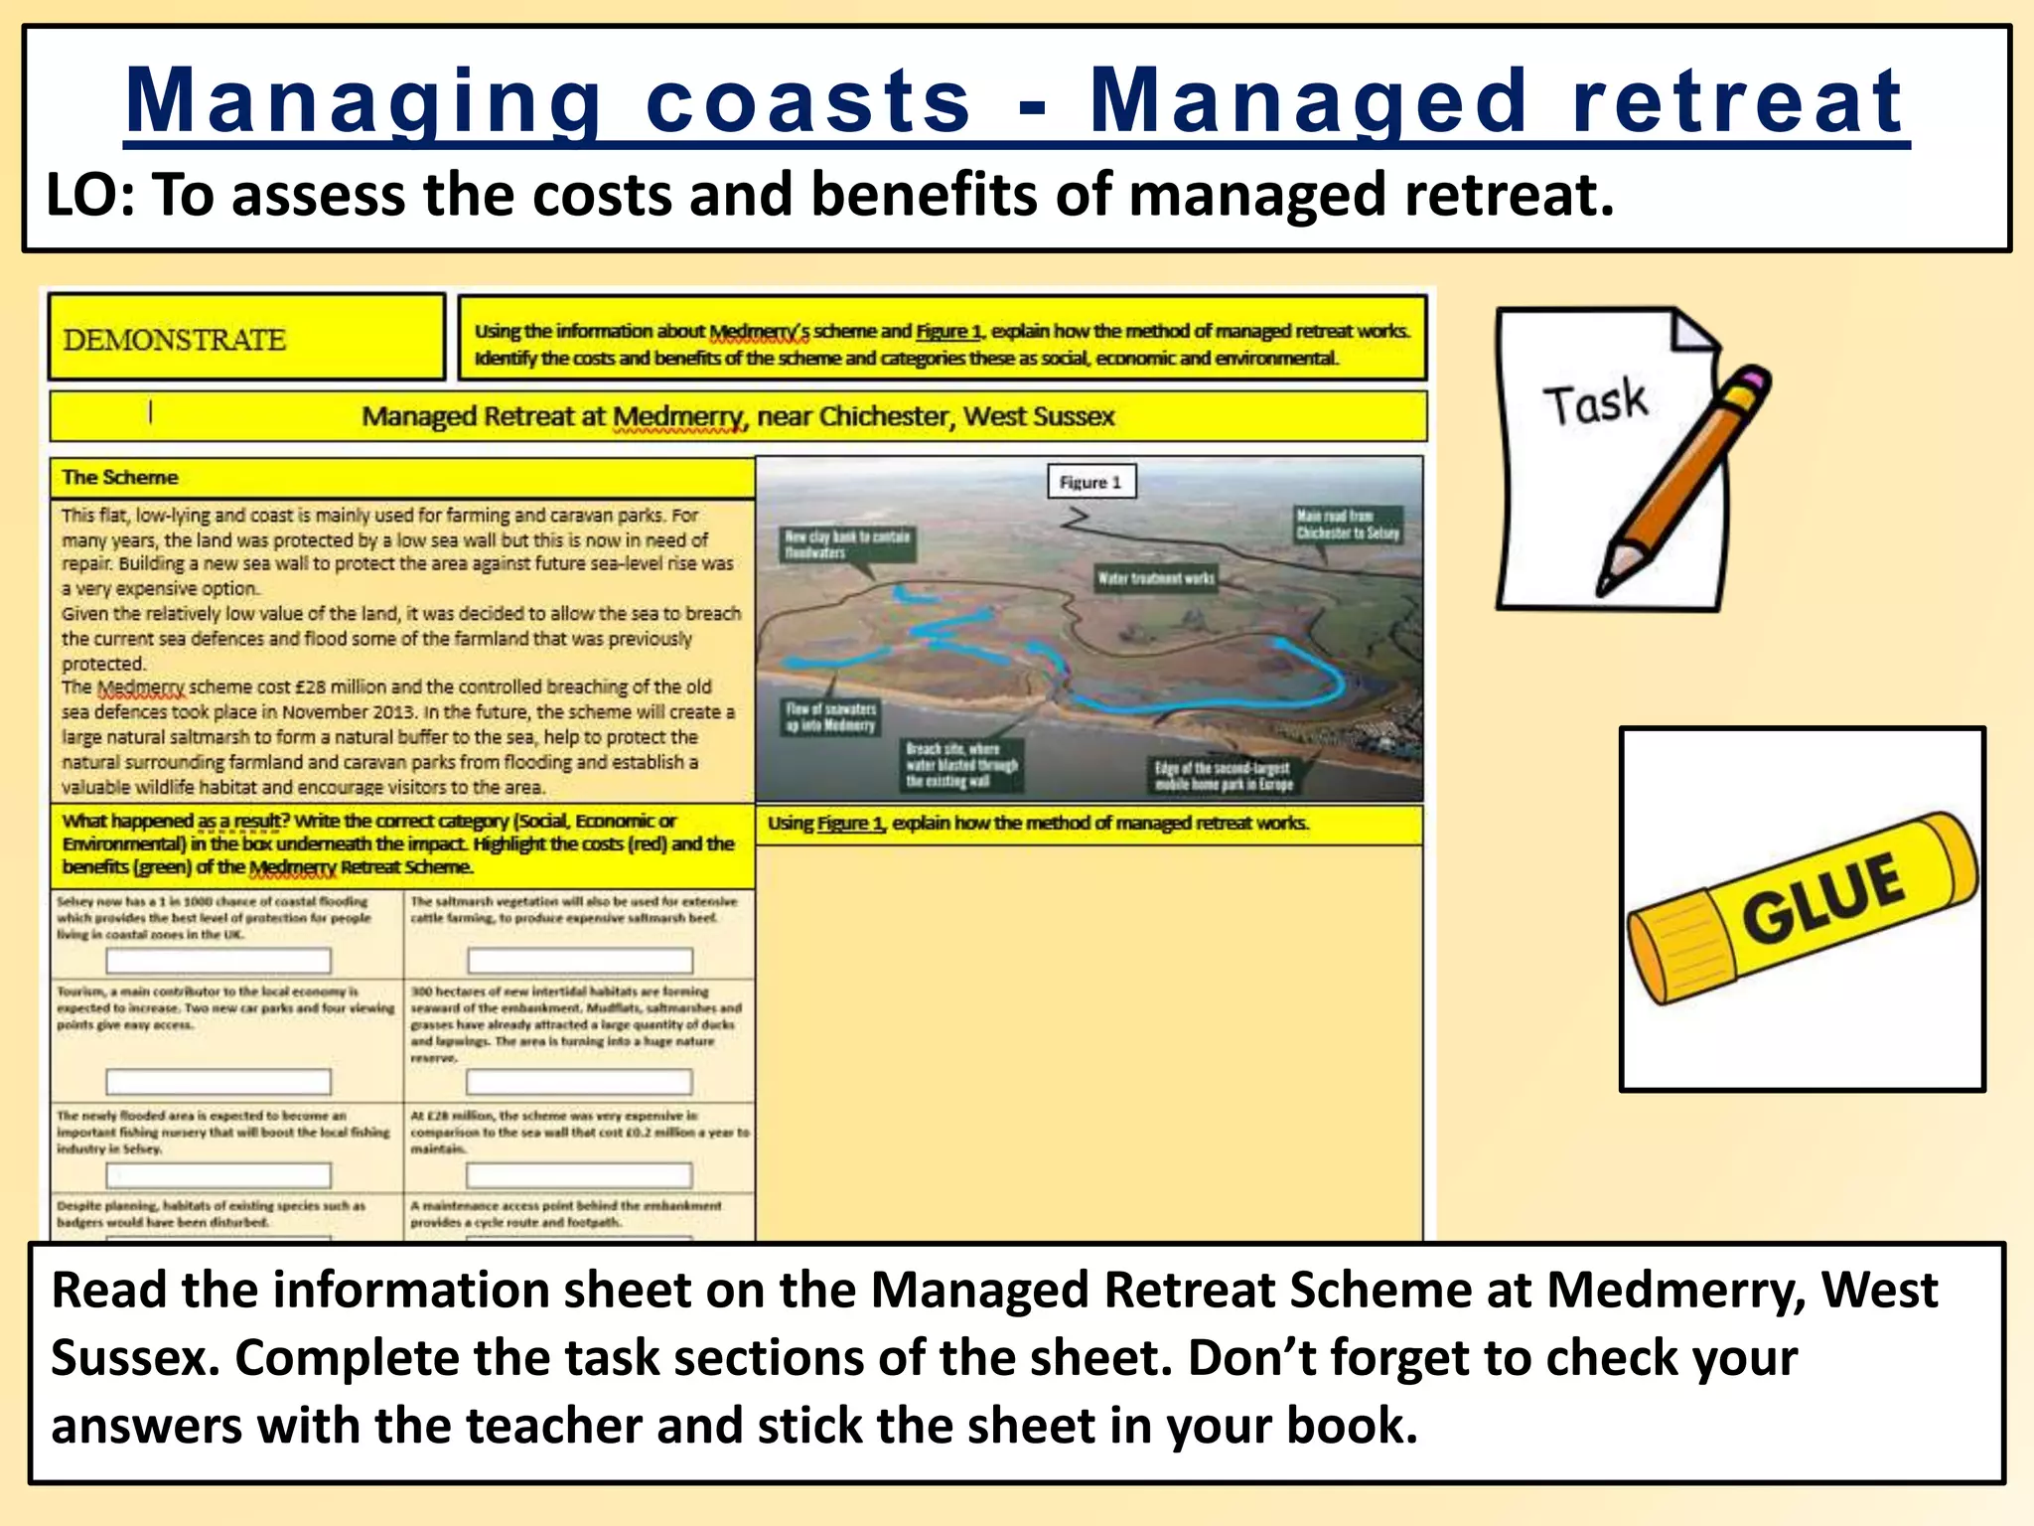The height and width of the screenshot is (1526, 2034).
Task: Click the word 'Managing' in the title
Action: tap(363, 101)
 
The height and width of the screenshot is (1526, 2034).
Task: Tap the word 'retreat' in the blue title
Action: tap(1737, 101)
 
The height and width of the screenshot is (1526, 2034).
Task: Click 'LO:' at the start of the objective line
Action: tap(89, 195)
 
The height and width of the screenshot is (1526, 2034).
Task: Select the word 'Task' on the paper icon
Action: tap(1595, 402)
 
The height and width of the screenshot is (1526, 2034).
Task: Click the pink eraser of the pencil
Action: tap(1755, 381)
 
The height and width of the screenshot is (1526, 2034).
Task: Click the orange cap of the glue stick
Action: tap(1678, 954)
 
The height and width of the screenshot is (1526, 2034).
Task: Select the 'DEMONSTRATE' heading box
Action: tap(246, 339)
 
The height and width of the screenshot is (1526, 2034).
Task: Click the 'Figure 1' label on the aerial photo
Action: tap(1090, 482)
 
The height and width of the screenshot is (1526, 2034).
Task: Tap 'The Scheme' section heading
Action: tap(120, 477)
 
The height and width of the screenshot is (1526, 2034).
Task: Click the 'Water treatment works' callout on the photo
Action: tap(1155, 578)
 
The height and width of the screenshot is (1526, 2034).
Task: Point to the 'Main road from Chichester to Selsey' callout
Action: tap(1348, 524)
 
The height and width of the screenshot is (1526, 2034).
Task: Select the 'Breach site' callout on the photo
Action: tap(960, 765)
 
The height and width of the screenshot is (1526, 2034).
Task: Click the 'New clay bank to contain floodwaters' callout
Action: tap(846, 544)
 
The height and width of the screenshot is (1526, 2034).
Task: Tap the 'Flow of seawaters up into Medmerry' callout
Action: tap(830, 716)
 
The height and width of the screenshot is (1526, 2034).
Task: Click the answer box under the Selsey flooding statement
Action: tap(218, 961)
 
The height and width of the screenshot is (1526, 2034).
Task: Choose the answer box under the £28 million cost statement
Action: tap(579, 1175)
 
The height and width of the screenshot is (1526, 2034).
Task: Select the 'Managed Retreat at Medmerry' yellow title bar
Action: tap(737, 416)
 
